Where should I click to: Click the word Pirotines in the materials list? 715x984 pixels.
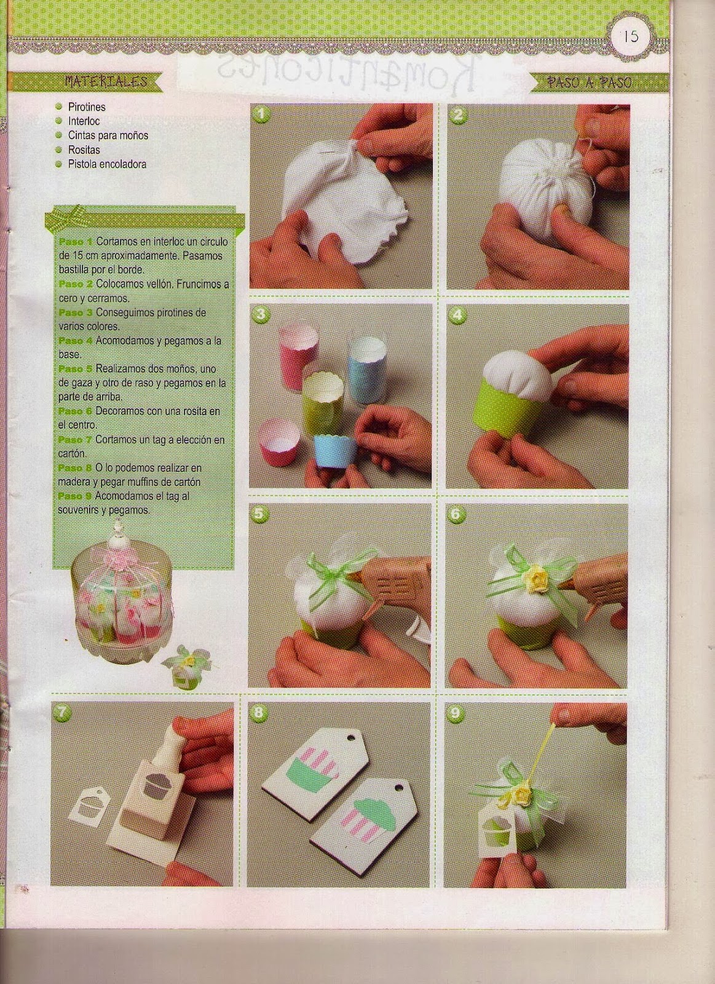pyautogui.click(x=87, y=107)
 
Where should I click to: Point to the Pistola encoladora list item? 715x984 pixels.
pyautogui.click(x=107, y=164)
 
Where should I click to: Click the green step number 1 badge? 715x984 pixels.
pyautogui.click(x=262, y=114)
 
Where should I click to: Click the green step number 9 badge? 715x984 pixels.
pyautogui.click(x=456, y=713)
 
